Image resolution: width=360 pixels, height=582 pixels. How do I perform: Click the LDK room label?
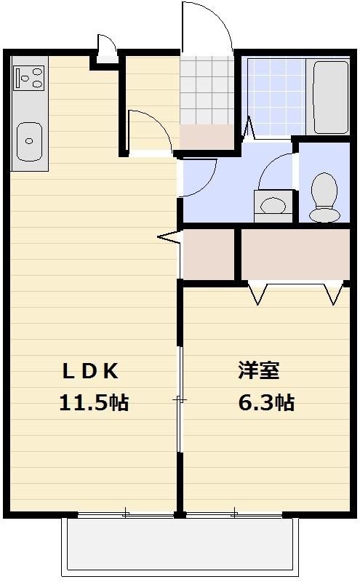[x=91, y=371]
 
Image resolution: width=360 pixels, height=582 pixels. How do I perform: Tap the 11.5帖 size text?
[x=94, y=402]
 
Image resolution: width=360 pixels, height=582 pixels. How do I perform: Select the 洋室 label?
[x=259, y=370]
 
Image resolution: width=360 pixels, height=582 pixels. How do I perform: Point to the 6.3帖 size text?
[x=266, y=402]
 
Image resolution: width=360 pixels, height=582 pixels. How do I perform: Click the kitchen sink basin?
[x=29, y=142]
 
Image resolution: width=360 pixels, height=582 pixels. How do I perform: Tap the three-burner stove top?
[x=29, y=78]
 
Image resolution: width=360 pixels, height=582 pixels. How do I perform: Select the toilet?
[x=325, y=197]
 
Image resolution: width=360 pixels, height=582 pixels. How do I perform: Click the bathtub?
[x=331, y=97]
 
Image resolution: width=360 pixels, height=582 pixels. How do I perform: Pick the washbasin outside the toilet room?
[x=273, y=206]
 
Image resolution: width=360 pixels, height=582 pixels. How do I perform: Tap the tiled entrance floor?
[x=207, y=90]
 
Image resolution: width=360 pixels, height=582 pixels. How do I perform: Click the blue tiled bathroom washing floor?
[x=276, y=97]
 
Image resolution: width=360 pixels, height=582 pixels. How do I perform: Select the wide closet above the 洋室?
[x=295, y=254]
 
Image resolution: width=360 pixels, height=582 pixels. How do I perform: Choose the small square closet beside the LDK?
[x=209, y=254]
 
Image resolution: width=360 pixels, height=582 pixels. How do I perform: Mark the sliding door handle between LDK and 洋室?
[x=180, y=399]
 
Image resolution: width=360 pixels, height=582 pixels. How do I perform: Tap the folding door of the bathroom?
[x=248, y=129]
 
